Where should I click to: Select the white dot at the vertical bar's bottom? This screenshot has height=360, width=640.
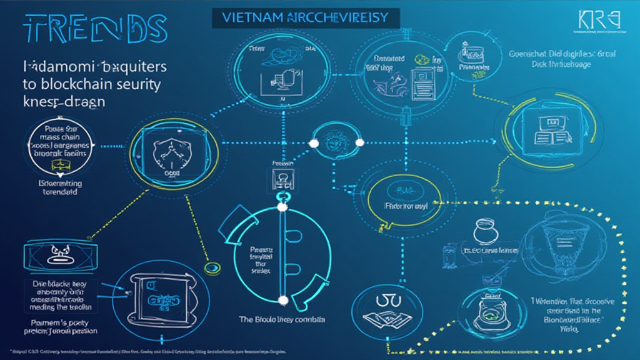pyautogui.click(x=282, y=301)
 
